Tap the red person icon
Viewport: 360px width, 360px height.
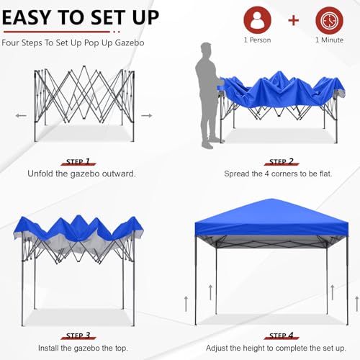pyautogui.click(x=258, y=19)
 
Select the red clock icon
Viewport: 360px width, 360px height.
pyautogui.click(x=328, y=19)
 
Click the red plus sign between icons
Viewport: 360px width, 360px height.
pyautogui.click(x=293, y=19)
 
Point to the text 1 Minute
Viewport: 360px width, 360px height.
pyautogui.click(x=328, y=40)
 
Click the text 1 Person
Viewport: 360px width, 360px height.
pyautogui.click(x=258, y=40)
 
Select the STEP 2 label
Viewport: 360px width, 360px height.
pyautogui.click(x=282, y=162)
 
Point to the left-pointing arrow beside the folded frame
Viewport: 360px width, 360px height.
pyautogui.click(x=21, y=115)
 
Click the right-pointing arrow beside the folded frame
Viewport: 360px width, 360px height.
pyautogui.click(x=146, y=115)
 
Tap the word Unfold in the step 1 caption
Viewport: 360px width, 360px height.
pyautogui.click(x=42, y=174)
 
